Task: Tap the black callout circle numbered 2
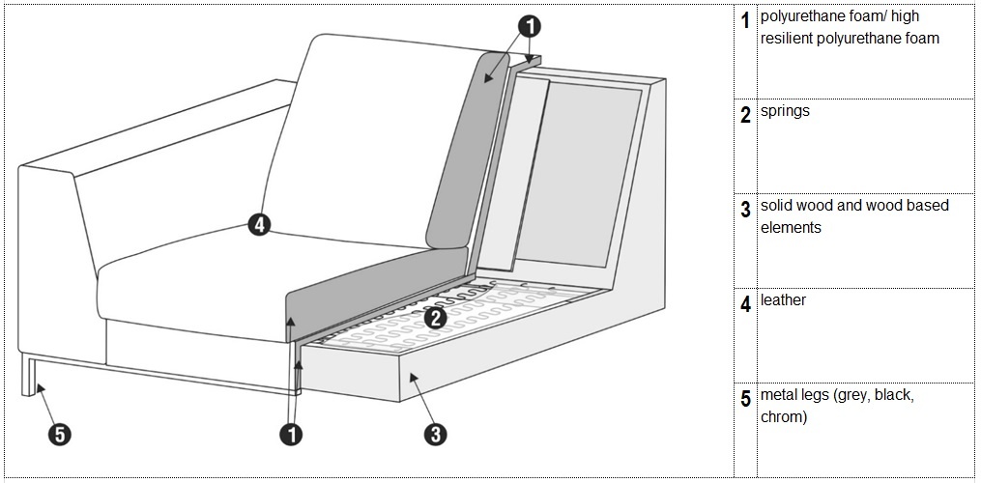pos(436,319)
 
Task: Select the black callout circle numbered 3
pos(436,434)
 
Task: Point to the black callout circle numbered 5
pos(59,434)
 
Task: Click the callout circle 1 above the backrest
pos(530,26)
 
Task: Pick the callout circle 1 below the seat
pos(292,434)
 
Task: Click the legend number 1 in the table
pos(745,20)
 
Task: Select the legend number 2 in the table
pos(745,116)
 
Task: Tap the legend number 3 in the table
pos(745,210)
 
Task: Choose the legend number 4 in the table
pos(745,304)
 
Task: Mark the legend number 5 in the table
pos(745,399)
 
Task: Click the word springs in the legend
pos(785,112)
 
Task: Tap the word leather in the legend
pos(783,299)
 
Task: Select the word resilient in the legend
pos(787,39)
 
